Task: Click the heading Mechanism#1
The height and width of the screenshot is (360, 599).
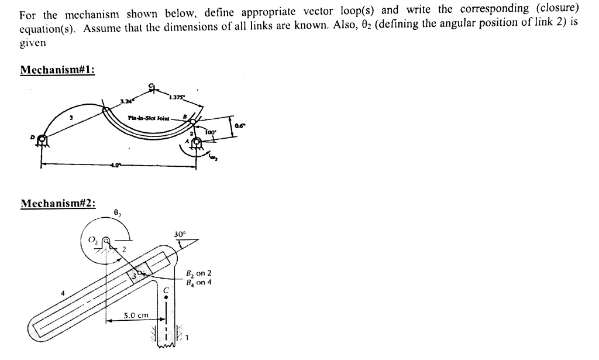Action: click(x=57, y=70)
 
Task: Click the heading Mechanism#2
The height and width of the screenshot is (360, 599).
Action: click(x=57, y=204)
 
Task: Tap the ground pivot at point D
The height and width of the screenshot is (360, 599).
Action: click(x=41, y=140)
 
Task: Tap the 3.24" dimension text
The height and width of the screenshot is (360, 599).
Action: click(x=125, y=101)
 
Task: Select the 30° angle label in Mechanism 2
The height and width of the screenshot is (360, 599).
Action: click(x=180, y=235)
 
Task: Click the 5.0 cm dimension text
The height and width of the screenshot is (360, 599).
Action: click(x=136, y=316)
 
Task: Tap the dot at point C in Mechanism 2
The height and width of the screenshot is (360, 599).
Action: click(x=166, y=297)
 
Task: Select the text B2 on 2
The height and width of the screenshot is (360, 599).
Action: click(x=198, y=273)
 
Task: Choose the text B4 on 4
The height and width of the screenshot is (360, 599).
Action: click(x=198, y=282)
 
